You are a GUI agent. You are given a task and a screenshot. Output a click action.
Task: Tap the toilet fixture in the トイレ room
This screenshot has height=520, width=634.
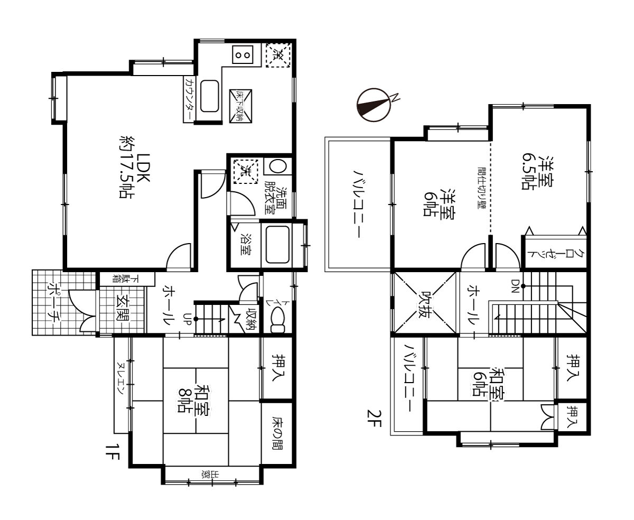(277, 321)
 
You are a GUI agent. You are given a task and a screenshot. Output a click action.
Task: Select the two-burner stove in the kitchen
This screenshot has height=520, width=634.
(243, 55)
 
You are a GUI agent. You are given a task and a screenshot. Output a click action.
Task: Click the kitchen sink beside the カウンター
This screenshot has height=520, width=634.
(209, 96)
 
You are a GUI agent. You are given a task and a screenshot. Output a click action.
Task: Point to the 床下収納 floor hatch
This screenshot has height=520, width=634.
(240, 106)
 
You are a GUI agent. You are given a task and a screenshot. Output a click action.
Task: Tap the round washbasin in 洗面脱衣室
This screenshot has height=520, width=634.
(277, 166)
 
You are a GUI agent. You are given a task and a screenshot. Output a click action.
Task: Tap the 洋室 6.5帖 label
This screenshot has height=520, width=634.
(537, 173)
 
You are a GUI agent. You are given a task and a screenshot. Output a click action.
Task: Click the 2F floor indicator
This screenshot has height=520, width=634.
(374, 419)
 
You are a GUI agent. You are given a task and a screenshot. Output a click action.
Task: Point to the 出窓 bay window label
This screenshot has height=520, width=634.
(210, 475)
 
